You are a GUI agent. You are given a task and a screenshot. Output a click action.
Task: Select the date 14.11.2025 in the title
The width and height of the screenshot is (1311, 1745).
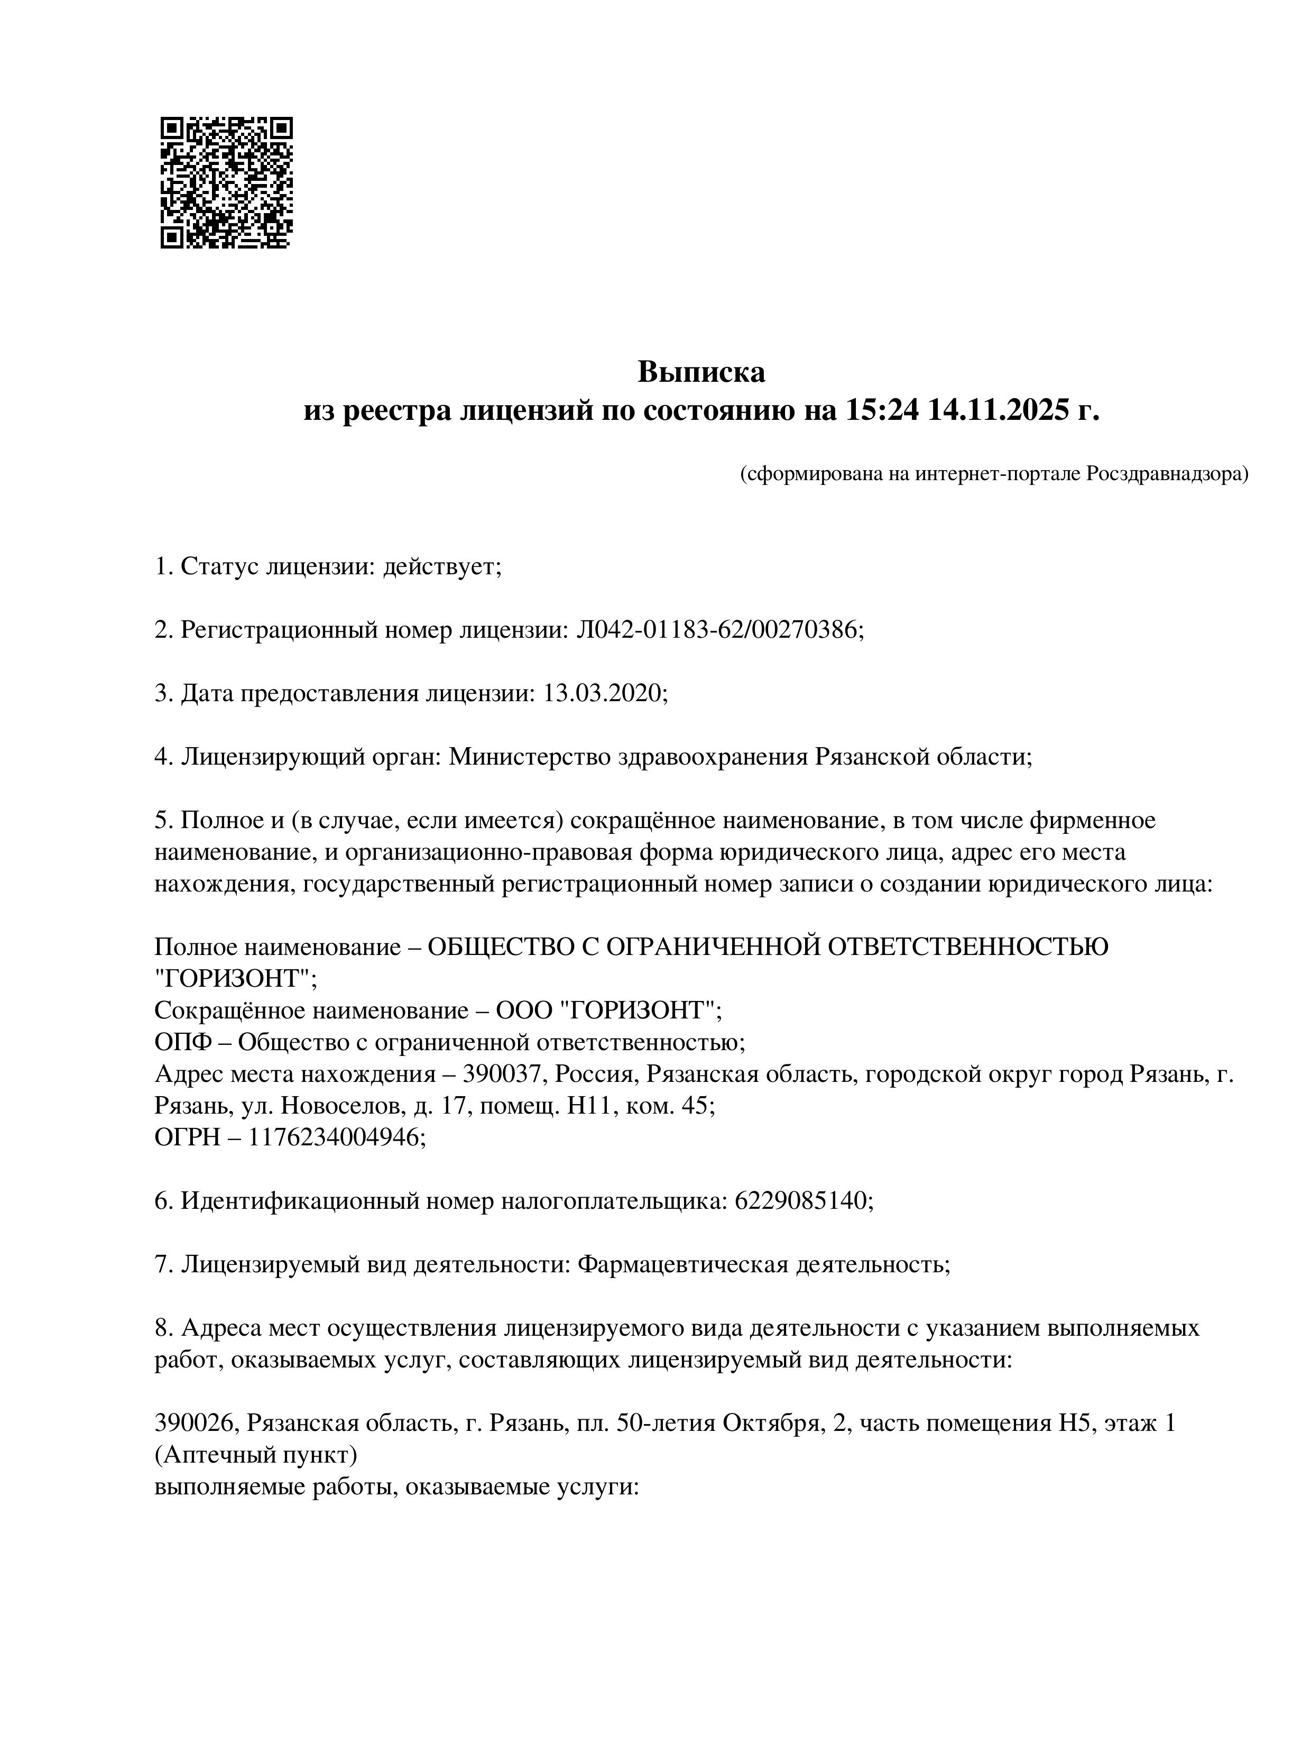point(999,410)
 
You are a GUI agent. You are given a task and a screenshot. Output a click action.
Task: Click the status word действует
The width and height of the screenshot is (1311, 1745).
point(442,566)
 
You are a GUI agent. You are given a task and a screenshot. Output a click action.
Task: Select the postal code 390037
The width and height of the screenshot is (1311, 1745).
point(505,1073)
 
